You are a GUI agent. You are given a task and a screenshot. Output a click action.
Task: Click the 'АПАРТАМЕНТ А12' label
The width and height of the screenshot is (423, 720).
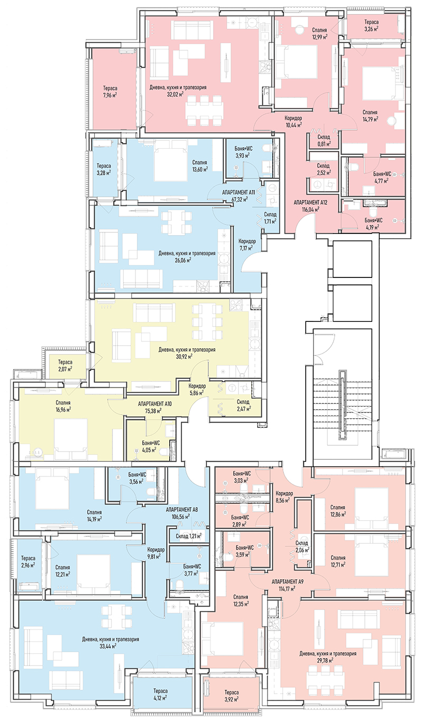point(310,202)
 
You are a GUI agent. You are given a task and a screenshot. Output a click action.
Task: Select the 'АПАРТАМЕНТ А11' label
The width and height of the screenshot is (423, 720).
point(238,192)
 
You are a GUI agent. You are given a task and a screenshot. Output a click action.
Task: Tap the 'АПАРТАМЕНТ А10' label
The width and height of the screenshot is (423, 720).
point(155,404)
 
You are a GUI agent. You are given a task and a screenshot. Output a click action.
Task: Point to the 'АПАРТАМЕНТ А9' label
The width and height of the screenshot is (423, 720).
point(288,581)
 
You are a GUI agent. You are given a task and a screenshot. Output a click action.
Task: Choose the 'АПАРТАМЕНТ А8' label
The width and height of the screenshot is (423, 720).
point(182,509)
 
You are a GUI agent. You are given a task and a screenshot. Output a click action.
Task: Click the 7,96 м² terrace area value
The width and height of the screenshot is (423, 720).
point(110,95)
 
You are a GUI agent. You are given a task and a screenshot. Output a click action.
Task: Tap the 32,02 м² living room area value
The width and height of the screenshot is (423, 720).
point(175,94)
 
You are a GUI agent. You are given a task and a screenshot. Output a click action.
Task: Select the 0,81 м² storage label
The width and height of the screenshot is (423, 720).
point(324,144)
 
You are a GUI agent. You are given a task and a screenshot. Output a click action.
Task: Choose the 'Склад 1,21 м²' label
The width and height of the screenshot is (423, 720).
point(189,536)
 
